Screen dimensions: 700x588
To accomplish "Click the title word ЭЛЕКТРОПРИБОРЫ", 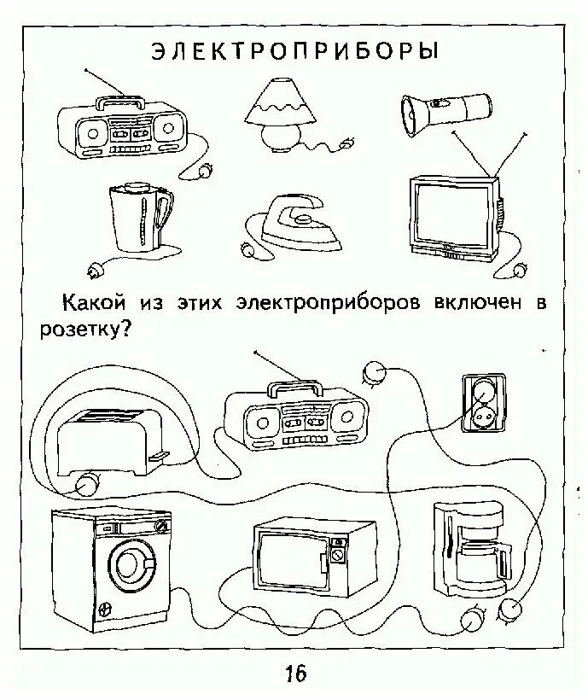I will click(295, 51).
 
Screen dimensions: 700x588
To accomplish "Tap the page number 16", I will click(295, 674).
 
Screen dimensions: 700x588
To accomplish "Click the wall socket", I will click(479, 405).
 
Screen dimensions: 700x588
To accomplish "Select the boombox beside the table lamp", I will click(125, 132).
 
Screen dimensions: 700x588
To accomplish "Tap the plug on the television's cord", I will click(521, 271).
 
